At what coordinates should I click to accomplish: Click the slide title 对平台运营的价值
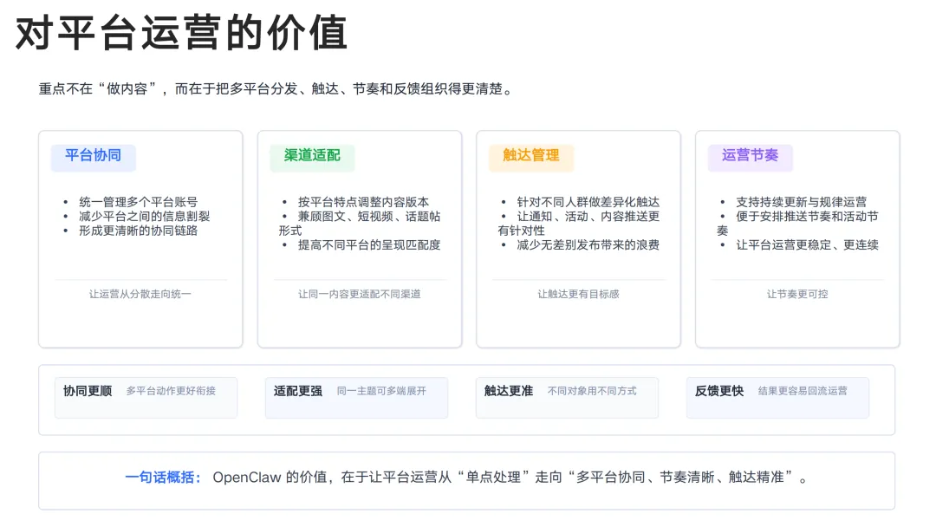coord(182,33)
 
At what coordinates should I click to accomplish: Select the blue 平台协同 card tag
coord(93,156)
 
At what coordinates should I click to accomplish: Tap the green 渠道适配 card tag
coord(312,156)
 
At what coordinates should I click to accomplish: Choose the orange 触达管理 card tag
coord(531,156)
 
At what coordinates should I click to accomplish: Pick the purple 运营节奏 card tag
coord(750,156)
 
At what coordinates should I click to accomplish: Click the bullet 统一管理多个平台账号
coord(138,202)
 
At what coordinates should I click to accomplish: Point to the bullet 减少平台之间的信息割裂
coord(144,216)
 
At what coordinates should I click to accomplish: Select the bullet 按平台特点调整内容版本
coord(363,202)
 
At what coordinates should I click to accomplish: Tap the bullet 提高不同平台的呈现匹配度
coord(369,244)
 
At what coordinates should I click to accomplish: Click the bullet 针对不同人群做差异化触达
coord(588,202)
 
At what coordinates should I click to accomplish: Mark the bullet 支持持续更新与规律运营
coord(801,202)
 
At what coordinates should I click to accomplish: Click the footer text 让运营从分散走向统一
coord(140,294)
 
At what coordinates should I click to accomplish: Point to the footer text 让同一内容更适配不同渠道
coord(360,294)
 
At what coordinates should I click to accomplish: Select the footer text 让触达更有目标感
coord(578,294)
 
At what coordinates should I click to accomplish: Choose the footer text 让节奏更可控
coord(797,294)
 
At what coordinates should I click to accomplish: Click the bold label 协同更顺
coord(88,391)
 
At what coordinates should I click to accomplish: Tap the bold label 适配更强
coord(298,391)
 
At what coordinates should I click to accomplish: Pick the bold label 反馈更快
coord(719,391)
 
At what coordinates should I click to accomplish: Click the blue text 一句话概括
coord(163,478)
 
